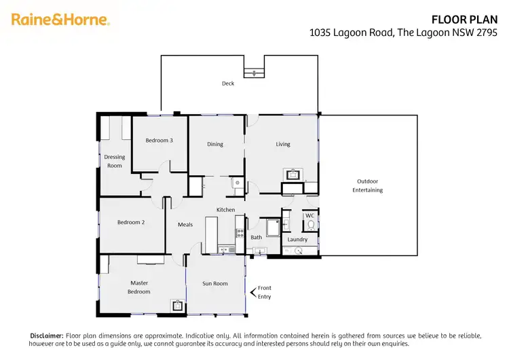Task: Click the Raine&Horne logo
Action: (x=60, y=20)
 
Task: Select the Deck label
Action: (x=228, y=84)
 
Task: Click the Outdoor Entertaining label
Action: (x=367, y=185)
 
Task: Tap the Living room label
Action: (x=283, y=144)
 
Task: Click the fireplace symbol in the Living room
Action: (x=293, y=174)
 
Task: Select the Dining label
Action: (x=215, y=144)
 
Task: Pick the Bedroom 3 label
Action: (x=159, y=141)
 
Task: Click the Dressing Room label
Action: (x=114, y=161)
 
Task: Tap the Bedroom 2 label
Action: (x=131, y=222)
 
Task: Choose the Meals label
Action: (x=185, y=224)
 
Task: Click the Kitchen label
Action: (x=225, y=210)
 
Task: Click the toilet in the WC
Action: (x=310, y=225)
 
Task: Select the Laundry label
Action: (x=297, y=239)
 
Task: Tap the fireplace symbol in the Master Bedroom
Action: (x=178, y=306)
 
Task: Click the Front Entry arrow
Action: (x=253, y=292)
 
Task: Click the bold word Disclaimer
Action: (x=45, y=336)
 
